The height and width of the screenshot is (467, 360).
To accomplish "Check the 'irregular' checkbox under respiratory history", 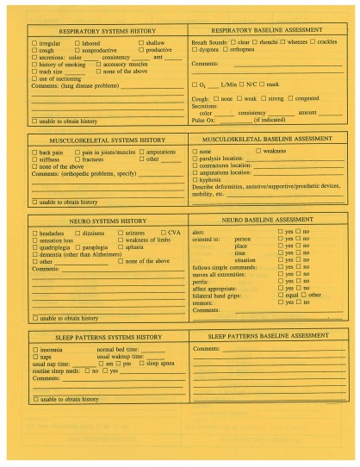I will tap(34, 42).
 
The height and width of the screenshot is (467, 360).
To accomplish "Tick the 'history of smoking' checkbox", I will tap(34, 65).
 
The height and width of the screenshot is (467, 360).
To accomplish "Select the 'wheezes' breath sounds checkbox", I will tap(282, 41).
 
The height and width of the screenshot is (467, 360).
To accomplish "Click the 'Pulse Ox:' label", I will tap(203, 119).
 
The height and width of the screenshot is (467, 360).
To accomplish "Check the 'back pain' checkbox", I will tap(34, 153).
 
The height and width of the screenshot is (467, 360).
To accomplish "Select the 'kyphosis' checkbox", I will tap(195, 179).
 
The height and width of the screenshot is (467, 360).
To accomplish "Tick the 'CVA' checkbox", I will tap(163, 233).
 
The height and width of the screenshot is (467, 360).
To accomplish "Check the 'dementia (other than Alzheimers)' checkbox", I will tap(34, 253).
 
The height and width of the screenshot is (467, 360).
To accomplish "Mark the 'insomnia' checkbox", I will tap(34, 350).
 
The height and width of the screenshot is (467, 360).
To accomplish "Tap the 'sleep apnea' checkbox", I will tap(142, 364).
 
